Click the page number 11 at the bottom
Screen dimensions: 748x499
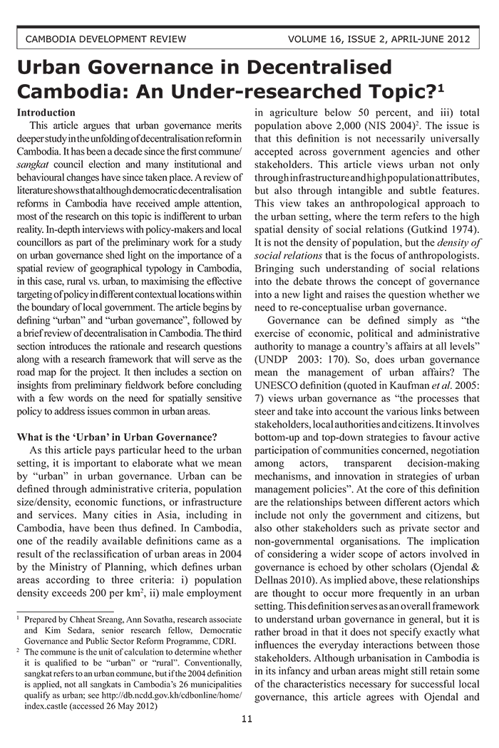[x=247, y=720]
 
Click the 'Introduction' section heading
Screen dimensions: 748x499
[x=46, y=113]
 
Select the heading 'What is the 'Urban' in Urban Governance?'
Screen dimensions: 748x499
[x=117, y=437]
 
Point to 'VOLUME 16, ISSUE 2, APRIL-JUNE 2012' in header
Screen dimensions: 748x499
[x=379, y=38]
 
